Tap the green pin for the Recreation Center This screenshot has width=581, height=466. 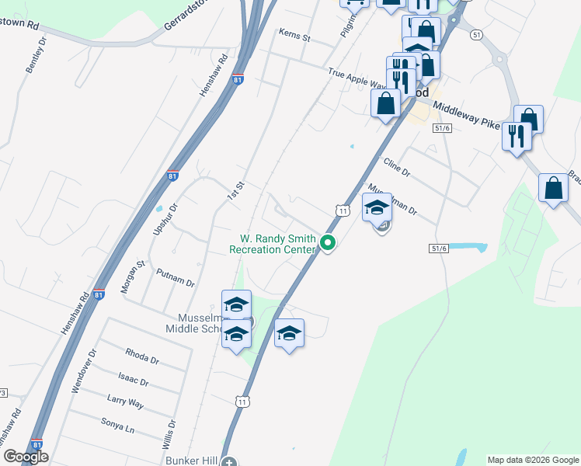click(328, 243)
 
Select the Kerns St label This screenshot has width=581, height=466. click(296, 37)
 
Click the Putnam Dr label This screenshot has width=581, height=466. click(175, 277)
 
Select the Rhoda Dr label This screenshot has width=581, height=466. click(141, 356)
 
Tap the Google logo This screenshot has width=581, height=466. click(26, 457)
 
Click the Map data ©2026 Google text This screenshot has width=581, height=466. click(532, 460)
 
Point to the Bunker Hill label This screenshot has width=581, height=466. click(191, 461)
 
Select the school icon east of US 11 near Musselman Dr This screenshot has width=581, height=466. click(377, 207)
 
